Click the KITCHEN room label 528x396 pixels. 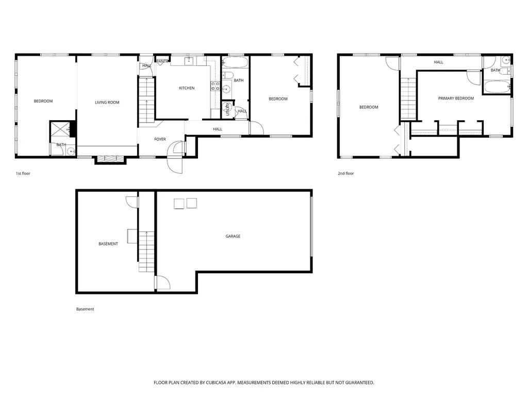pos(187,88)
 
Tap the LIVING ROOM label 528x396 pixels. pos(107,103)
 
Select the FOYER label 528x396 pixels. pos(160,139)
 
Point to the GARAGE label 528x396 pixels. pos(233,236)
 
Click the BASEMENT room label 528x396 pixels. pos(108,244)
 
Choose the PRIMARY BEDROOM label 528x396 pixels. pos(456,98)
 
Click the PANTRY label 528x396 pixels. pos(163,61)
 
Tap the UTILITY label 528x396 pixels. pos(227,109)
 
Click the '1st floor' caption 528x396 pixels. pos(23,173)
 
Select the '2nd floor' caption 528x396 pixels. pos(346,173)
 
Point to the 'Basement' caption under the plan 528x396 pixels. pos(85,309)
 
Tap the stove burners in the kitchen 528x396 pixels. pos(216,86)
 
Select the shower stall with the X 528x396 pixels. pos(60,129)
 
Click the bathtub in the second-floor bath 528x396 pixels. pos(497,87)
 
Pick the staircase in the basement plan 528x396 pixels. pos(146,252)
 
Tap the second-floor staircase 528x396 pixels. pos(408,98)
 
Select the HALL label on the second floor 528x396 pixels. pos(438,62)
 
